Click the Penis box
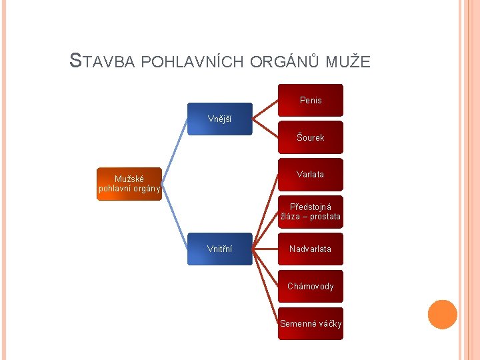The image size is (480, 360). click(x=311, y=100)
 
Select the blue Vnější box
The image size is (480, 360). click(x=220, y=119)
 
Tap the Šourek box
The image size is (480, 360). click(x=311, y=137)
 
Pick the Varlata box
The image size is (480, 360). click(x=311, y=175)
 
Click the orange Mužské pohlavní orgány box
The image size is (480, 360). click(x=129, y=183)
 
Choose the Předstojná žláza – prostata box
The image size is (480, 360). click(x=311, y=212)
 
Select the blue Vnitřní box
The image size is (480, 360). click(x=220, y=249)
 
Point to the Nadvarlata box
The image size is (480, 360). click(x=311, y=249)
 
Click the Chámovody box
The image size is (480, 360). click(x=311, y=287)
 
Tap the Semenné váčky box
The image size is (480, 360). click(x=311, y=323)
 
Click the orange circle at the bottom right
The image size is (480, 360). click(x=443, y=315)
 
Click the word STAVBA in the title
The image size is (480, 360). click(x=104, y=62)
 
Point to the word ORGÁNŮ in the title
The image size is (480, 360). click(x=287, y=63)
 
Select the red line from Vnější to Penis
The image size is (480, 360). click(x=265, y=109)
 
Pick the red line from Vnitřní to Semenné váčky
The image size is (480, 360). click(x=265, y=287)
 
